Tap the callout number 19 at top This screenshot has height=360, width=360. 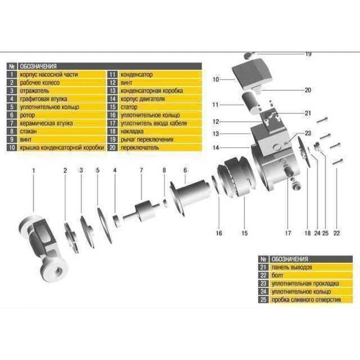309,54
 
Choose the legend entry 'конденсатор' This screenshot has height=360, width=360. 137,75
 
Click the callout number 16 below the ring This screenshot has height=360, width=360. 219,233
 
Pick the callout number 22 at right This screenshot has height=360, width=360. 338,233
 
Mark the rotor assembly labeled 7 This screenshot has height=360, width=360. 141,211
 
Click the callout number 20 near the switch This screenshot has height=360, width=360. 308,90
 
